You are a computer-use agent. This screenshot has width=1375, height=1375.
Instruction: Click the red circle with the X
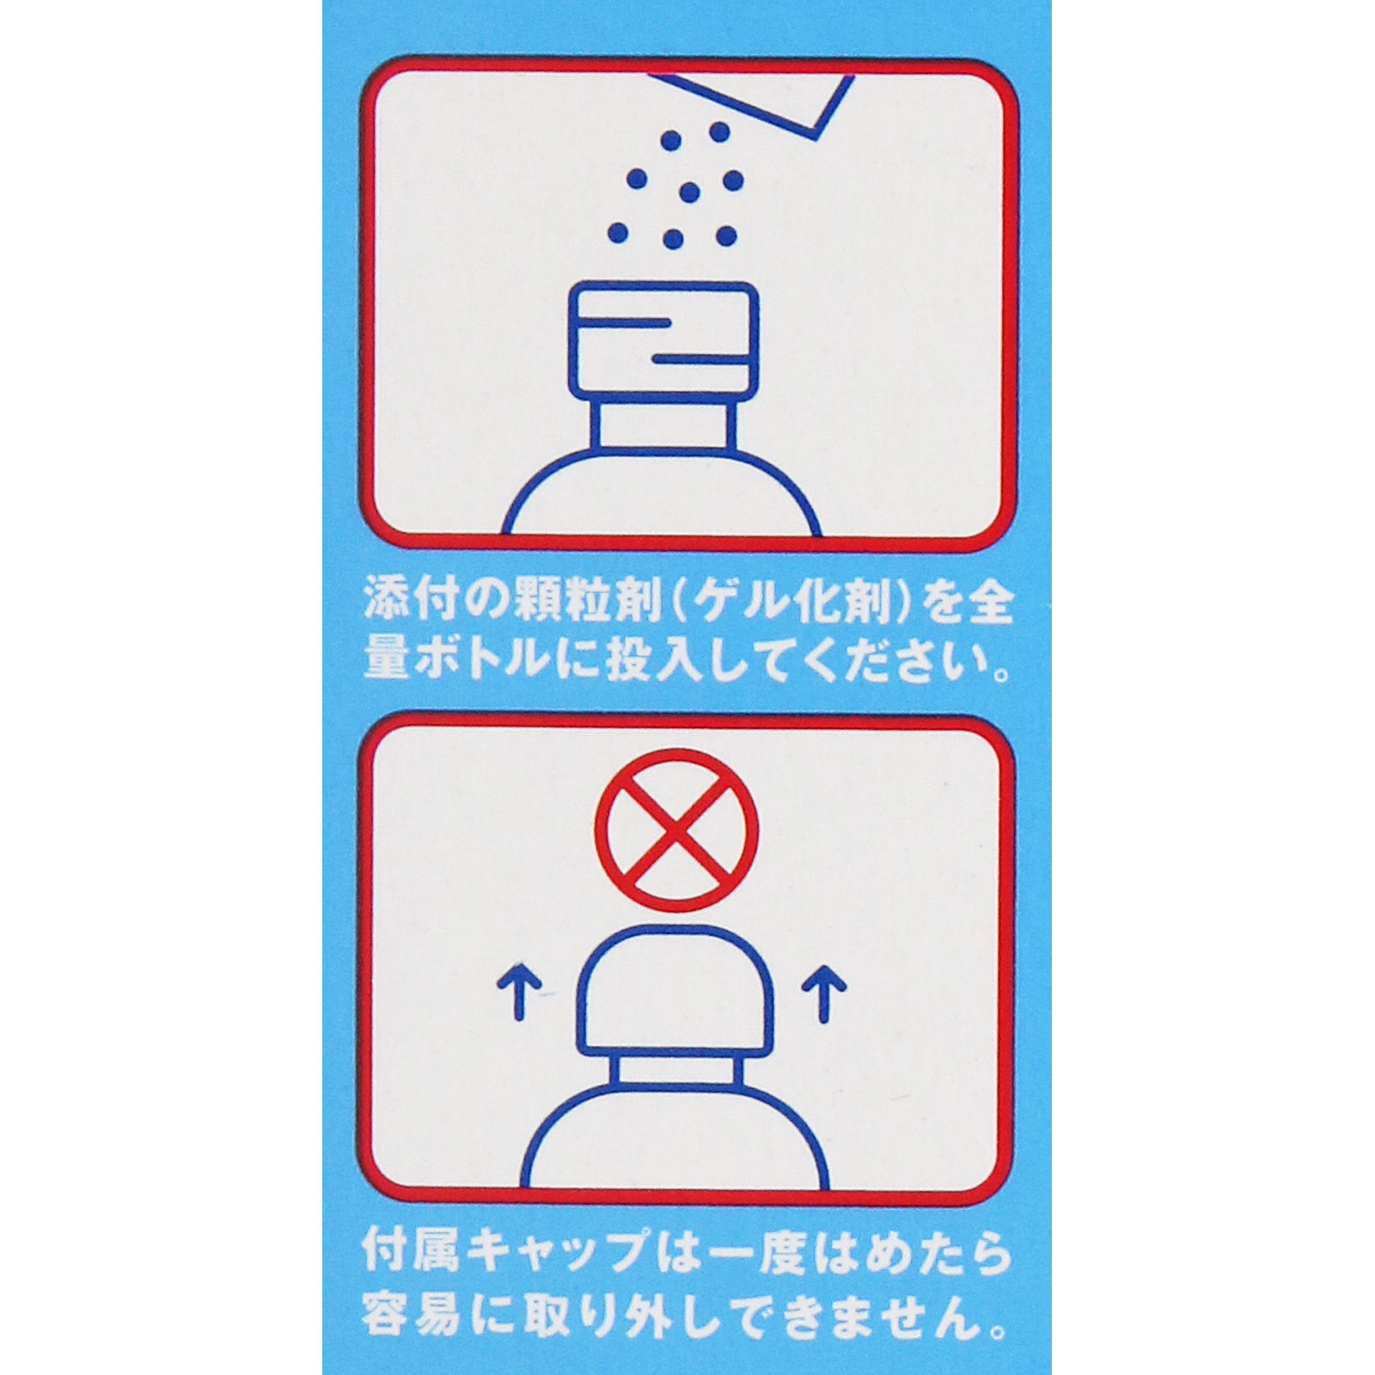tap(677, 829)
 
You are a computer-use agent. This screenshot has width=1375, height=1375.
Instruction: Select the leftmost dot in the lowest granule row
tap(617, 232)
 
